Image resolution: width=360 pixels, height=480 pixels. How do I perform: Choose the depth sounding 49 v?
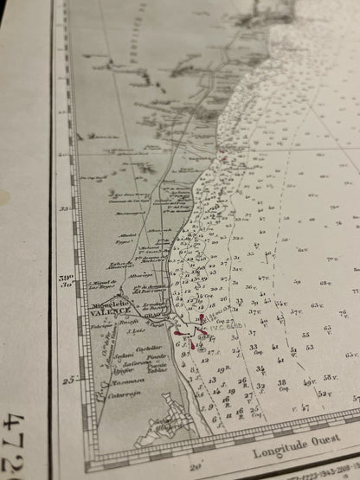309,381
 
